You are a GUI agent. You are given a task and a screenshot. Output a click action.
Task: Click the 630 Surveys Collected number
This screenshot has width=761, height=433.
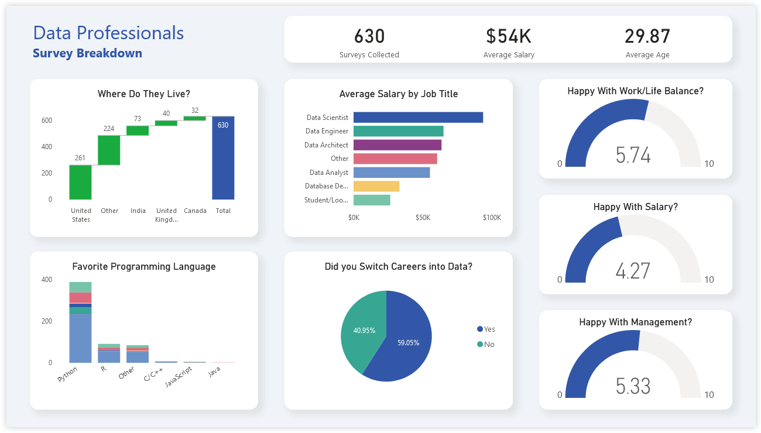point(369,37)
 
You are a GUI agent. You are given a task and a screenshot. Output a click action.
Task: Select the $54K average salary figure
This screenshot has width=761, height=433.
point(509,37)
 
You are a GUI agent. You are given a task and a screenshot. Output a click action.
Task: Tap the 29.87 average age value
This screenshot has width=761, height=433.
point(647,37)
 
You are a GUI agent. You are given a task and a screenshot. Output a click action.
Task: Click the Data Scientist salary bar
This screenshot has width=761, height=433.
point(418,118)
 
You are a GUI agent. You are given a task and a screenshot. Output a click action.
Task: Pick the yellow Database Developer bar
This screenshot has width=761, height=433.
point(376,186)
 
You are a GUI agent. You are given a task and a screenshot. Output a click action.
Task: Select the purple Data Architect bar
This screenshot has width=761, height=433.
point(397,145)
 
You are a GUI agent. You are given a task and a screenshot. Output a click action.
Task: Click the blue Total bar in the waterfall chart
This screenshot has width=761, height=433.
point(223,158)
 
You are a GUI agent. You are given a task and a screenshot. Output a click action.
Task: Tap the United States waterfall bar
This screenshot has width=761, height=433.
point(80,183)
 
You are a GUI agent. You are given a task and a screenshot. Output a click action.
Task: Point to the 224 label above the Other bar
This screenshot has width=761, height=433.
point(109,129)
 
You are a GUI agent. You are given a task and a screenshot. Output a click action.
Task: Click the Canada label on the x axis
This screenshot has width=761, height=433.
point(195,211)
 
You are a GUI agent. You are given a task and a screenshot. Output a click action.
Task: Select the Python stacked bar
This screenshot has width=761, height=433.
point(80,328)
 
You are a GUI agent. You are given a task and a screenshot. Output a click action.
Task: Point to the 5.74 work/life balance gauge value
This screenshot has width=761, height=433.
point(633,156)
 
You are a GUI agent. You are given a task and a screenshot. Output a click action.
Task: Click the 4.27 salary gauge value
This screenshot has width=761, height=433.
point(633,272)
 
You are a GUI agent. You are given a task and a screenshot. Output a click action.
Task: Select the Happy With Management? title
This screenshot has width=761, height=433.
point(635,322)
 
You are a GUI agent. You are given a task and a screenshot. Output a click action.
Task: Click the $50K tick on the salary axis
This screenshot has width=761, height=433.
point(423,218)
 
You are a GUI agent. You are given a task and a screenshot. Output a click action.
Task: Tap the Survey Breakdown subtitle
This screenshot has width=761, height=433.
point(87,53)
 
